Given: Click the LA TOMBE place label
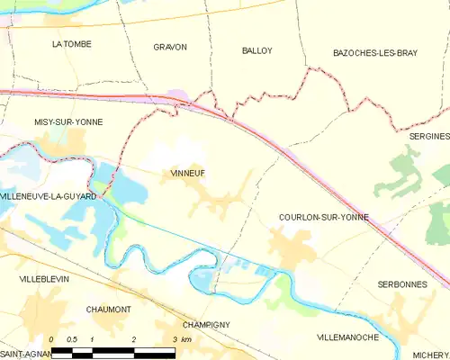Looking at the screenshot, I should click(x=72, y=43).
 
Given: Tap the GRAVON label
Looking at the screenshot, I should click(x=170, y=47).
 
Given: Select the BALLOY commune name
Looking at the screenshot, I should click(x=257, y=50).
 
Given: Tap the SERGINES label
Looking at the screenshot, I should click(x=428, y=136).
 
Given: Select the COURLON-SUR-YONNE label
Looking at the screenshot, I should click(x=324, y=218).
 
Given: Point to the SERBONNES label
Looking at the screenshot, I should click(x=401, y=283).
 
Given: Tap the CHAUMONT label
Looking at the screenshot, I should click(x=109, y=309).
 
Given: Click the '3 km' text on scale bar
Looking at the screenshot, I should click(x=181, y=339).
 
